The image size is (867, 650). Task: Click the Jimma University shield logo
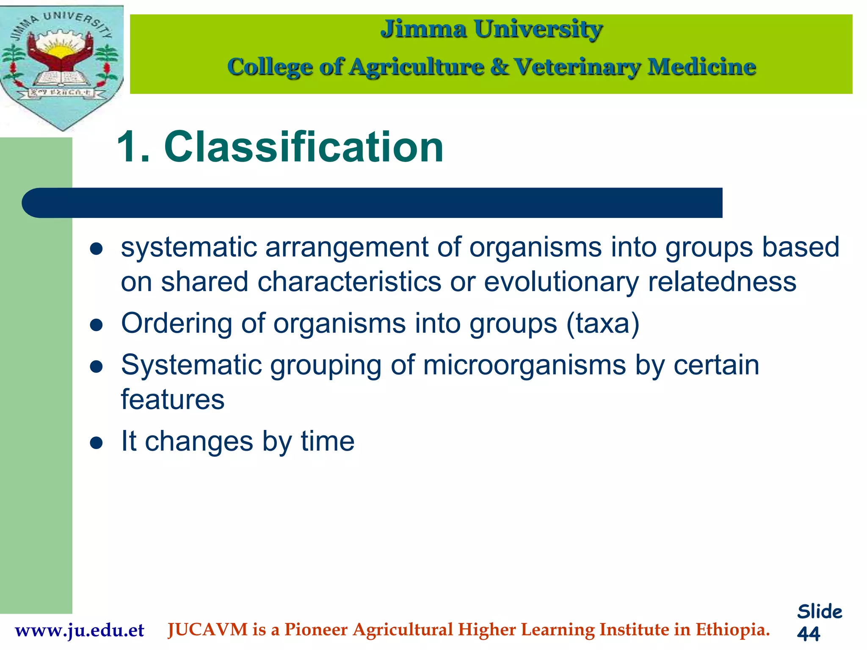tap(62, 68)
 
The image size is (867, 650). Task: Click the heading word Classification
tap(304, 147)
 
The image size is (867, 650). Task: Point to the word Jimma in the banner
tap(423, 29)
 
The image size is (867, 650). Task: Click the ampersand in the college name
tap(500, 67)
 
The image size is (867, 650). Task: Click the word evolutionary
tap(561, 282)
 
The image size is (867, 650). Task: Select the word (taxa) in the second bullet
tap(603, 324)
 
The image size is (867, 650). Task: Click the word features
tap(172, 399)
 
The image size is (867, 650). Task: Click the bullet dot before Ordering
tap(97, 325)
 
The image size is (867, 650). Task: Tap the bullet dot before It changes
tap(97, 443)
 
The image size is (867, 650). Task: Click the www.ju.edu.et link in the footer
tap(80, 630)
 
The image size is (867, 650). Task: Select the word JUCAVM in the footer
tap(207, 630)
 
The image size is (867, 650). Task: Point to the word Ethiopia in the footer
tap(732, 630)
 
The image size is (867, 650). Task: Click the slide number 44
tap(809, 633)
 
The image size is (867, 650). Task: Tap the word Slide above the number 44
tap(820, 612)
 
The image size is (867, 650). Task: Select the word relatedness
tap(722, 282)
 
